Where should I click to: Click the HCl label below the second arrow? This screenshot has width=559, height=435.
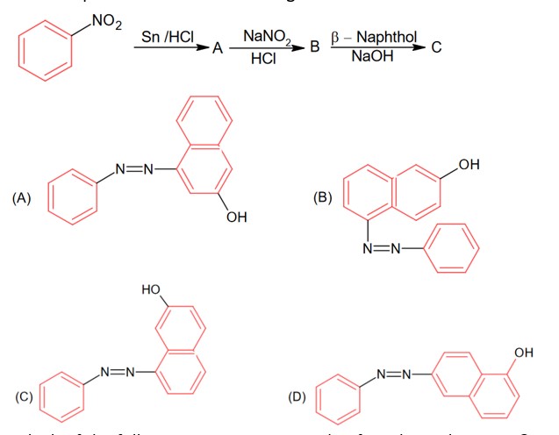coord(261,58)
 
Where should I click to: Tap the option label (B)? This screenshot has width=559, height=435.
coord(323,198)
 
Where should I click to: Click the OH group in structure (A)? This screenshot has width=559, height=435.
coord(236,217)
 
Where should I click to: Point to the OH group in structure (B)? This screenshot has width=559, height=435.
coord(469,164)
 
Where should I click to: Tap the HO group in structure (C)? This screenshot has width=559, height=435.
coord(151,289)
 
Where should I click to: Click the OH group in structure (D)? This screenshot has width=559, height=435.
coord(524,353)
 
